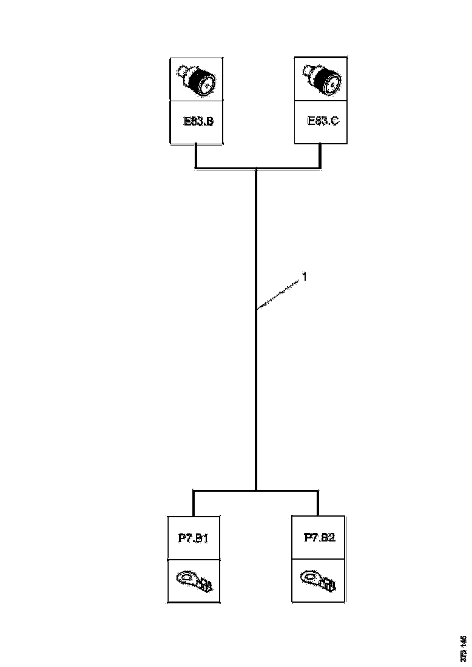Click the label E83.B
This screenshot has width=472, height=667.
198,121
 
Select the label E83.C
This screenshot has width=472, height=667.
323,121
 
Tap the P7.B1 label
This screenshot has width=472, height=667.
194,537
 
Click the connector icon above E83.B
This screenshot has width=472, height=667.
197,80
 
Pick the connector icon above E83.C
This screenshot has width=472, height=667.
321,79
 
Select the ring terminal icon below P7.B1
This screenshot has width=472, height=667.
194,580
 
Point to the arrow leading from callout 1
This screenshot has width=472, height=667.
279,295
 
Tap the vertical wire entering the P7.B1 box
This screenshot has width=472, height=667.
194,503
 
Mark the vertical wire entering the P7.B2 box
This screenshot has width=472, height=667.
318,503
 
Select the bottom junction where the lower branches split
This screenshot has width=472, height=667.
256,490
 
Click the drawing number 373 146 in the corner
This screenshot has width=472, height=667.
464,648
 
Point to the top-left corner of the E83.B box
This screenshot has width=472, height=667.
170,58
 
